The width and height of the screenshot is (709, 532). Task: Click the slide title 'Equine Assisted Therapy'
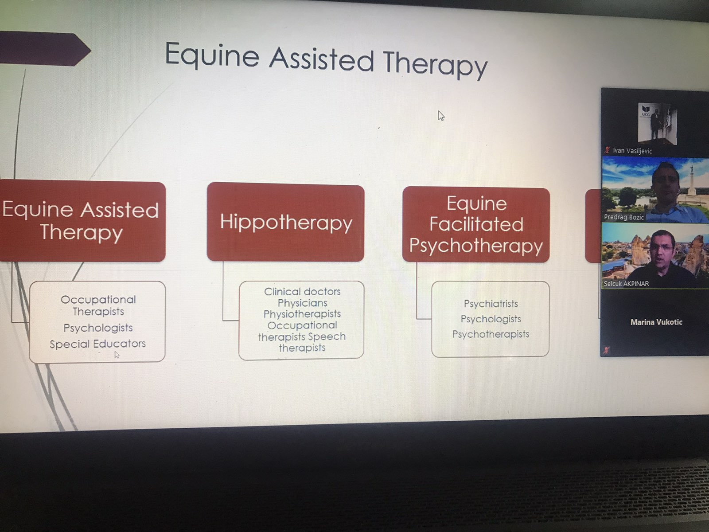coord(326,60)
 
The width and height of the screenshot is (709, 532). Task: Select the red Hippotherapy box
coord(285,222)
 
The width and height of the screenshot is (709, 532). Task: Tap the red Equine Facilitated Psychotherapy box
coord(476,224)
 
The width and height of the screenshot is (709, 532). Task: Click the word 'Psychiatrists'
coord(491,304)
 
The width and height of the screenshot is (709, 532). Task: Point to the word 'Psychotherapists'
coord(491,334)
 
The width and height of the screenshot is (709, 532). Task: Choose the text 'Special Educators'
coord(97,344)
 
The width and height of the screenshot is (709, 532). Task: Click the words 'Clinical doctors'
coord(302,291)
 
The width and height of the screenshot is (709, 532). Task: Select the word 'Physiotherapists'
coord(302,314)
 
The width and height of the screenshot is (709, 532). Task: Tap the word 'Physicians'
coord(302,303)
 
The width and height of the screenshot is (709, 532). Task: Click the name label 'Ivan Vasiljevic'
coord(632,151)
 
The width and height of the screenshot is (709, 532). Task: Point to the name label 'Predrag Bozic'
coord(623,217)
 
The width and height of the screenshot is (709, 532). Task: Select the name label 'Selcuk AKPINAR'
coord(626,284)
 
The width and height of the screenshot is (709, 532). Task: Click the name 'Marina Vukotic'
coord(656,322)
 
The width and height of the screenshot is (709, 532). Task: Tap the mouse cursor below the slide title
coord(441,116)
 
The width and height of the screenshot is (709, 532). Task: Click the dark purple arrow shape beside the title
coord(45,48)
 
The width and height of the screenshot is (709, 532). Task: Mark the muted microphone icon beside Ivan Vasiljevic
coord(607,150)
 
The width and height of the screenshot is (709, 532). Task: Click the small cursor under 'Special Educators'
coord(117,355)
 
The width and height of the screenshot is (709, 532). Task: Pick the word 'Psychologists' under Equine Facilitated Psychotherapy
coord(491,319)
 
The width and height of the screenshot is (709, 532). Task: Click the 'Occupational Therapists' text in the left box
coord(98,305)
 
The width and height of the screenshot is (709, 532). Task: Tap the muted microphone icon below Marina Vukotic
coord(606,349)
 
